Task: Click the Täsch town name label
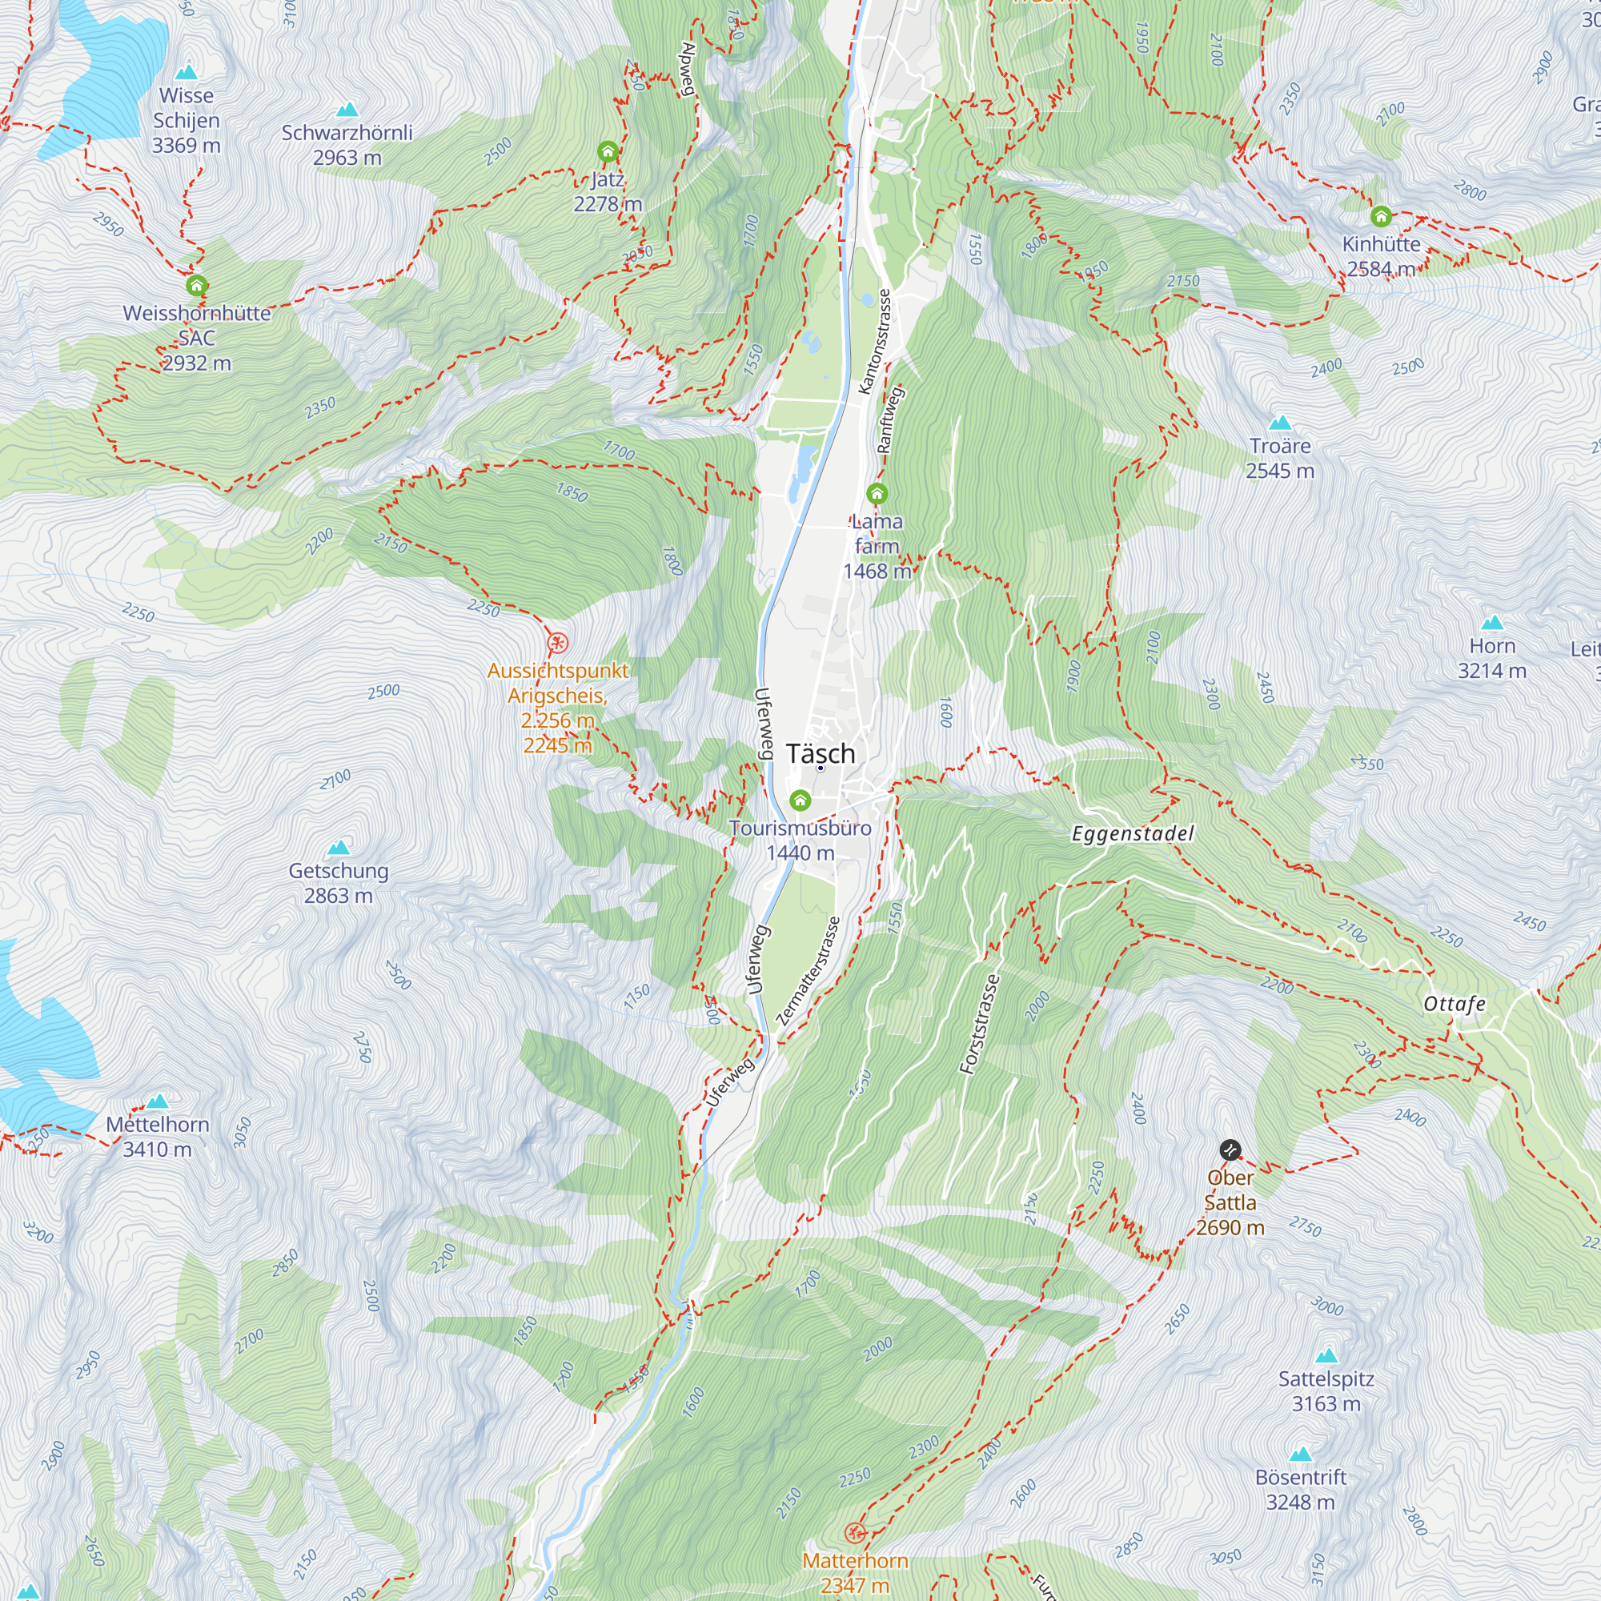click(x=821, y=753)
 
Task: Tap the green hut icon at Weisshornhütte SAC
click(x=196, y=286)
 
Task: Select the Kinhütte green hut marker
click(x=1381, y=217)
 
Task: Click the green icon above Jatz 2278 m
click(x=608, y=151)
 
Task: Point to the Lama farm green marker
click(x=877, y=495)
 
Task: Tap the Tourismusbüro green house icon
click(x=800, y=800)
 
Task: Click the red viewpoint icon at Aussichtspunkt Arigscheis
click(x=559, y=642)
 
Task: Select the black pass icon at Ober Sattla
click(x=1230, y=1150)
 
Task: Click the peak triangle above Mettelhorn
click(x=158, y=1101)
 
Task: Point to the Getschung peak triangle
click(x=338, y=848)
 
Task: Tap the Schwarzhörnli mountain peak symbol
click(x=347, y=110)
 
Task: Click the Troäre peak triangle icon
click(x=1280, y=423)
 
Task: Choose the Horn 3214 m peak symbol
click(x=1492, y=622)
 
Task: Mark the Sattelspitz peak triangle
click(x=1326, y=1356)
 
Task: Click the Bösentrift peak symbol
click(x=1301, y=1455)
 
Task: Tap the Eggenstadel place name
click(x=1133, y=833)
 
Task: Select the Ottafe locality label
click(x=1455, y=1005)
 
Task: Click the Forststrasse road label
click(x=980, y=1025)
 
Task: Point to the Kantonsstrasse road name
click(x=874, y=342)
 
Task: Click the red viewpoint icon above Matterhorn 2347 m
click(x=854, y=1532)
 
